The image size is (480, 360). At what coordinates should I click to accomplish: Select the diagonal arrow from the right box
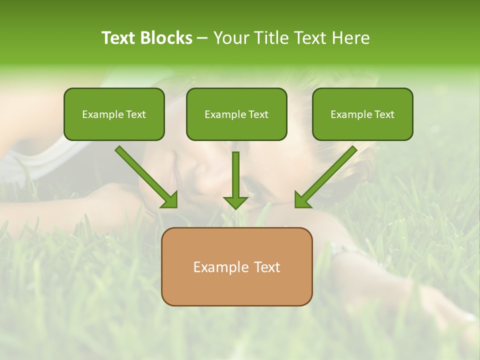(x=328, y=174)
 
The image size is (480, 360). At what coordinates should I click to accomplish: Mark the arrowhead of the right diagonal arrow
(x=302, y=200)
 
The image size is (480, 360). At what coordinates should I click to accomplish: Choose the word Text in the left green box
(x=136, y=114)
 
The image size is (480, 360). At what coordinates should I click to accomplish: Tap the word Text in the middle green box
(x=258, y=114)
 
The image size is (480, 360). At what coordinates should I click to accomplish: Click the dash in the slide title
(x=202, y=38)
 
